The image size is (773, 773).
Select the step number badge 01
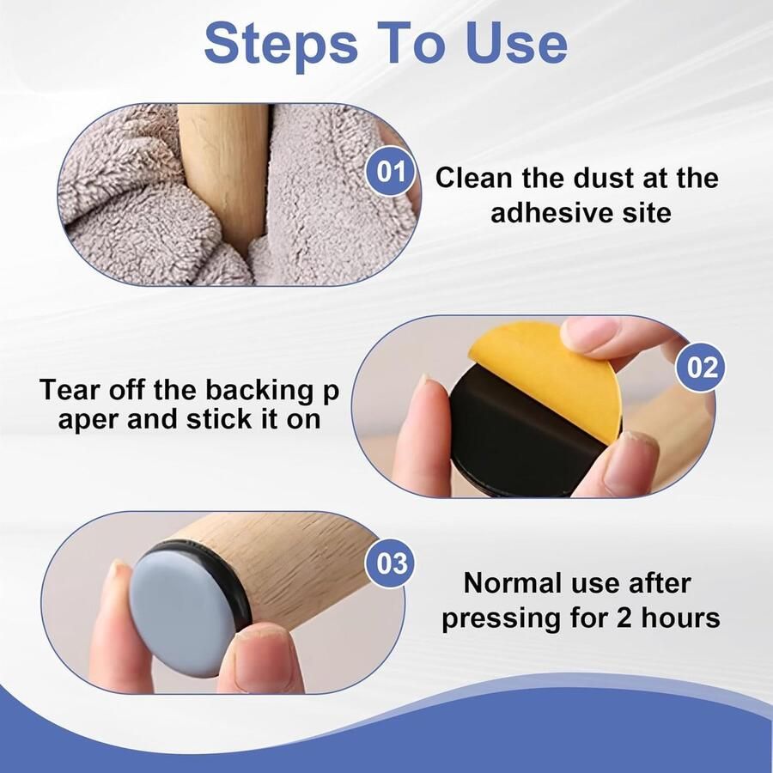point(392,172)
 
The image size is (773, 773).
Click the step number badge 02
point(700,368)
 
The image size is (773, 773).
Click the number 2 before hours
point(624,618)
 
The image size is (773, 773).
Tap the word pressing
point(502,619)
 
